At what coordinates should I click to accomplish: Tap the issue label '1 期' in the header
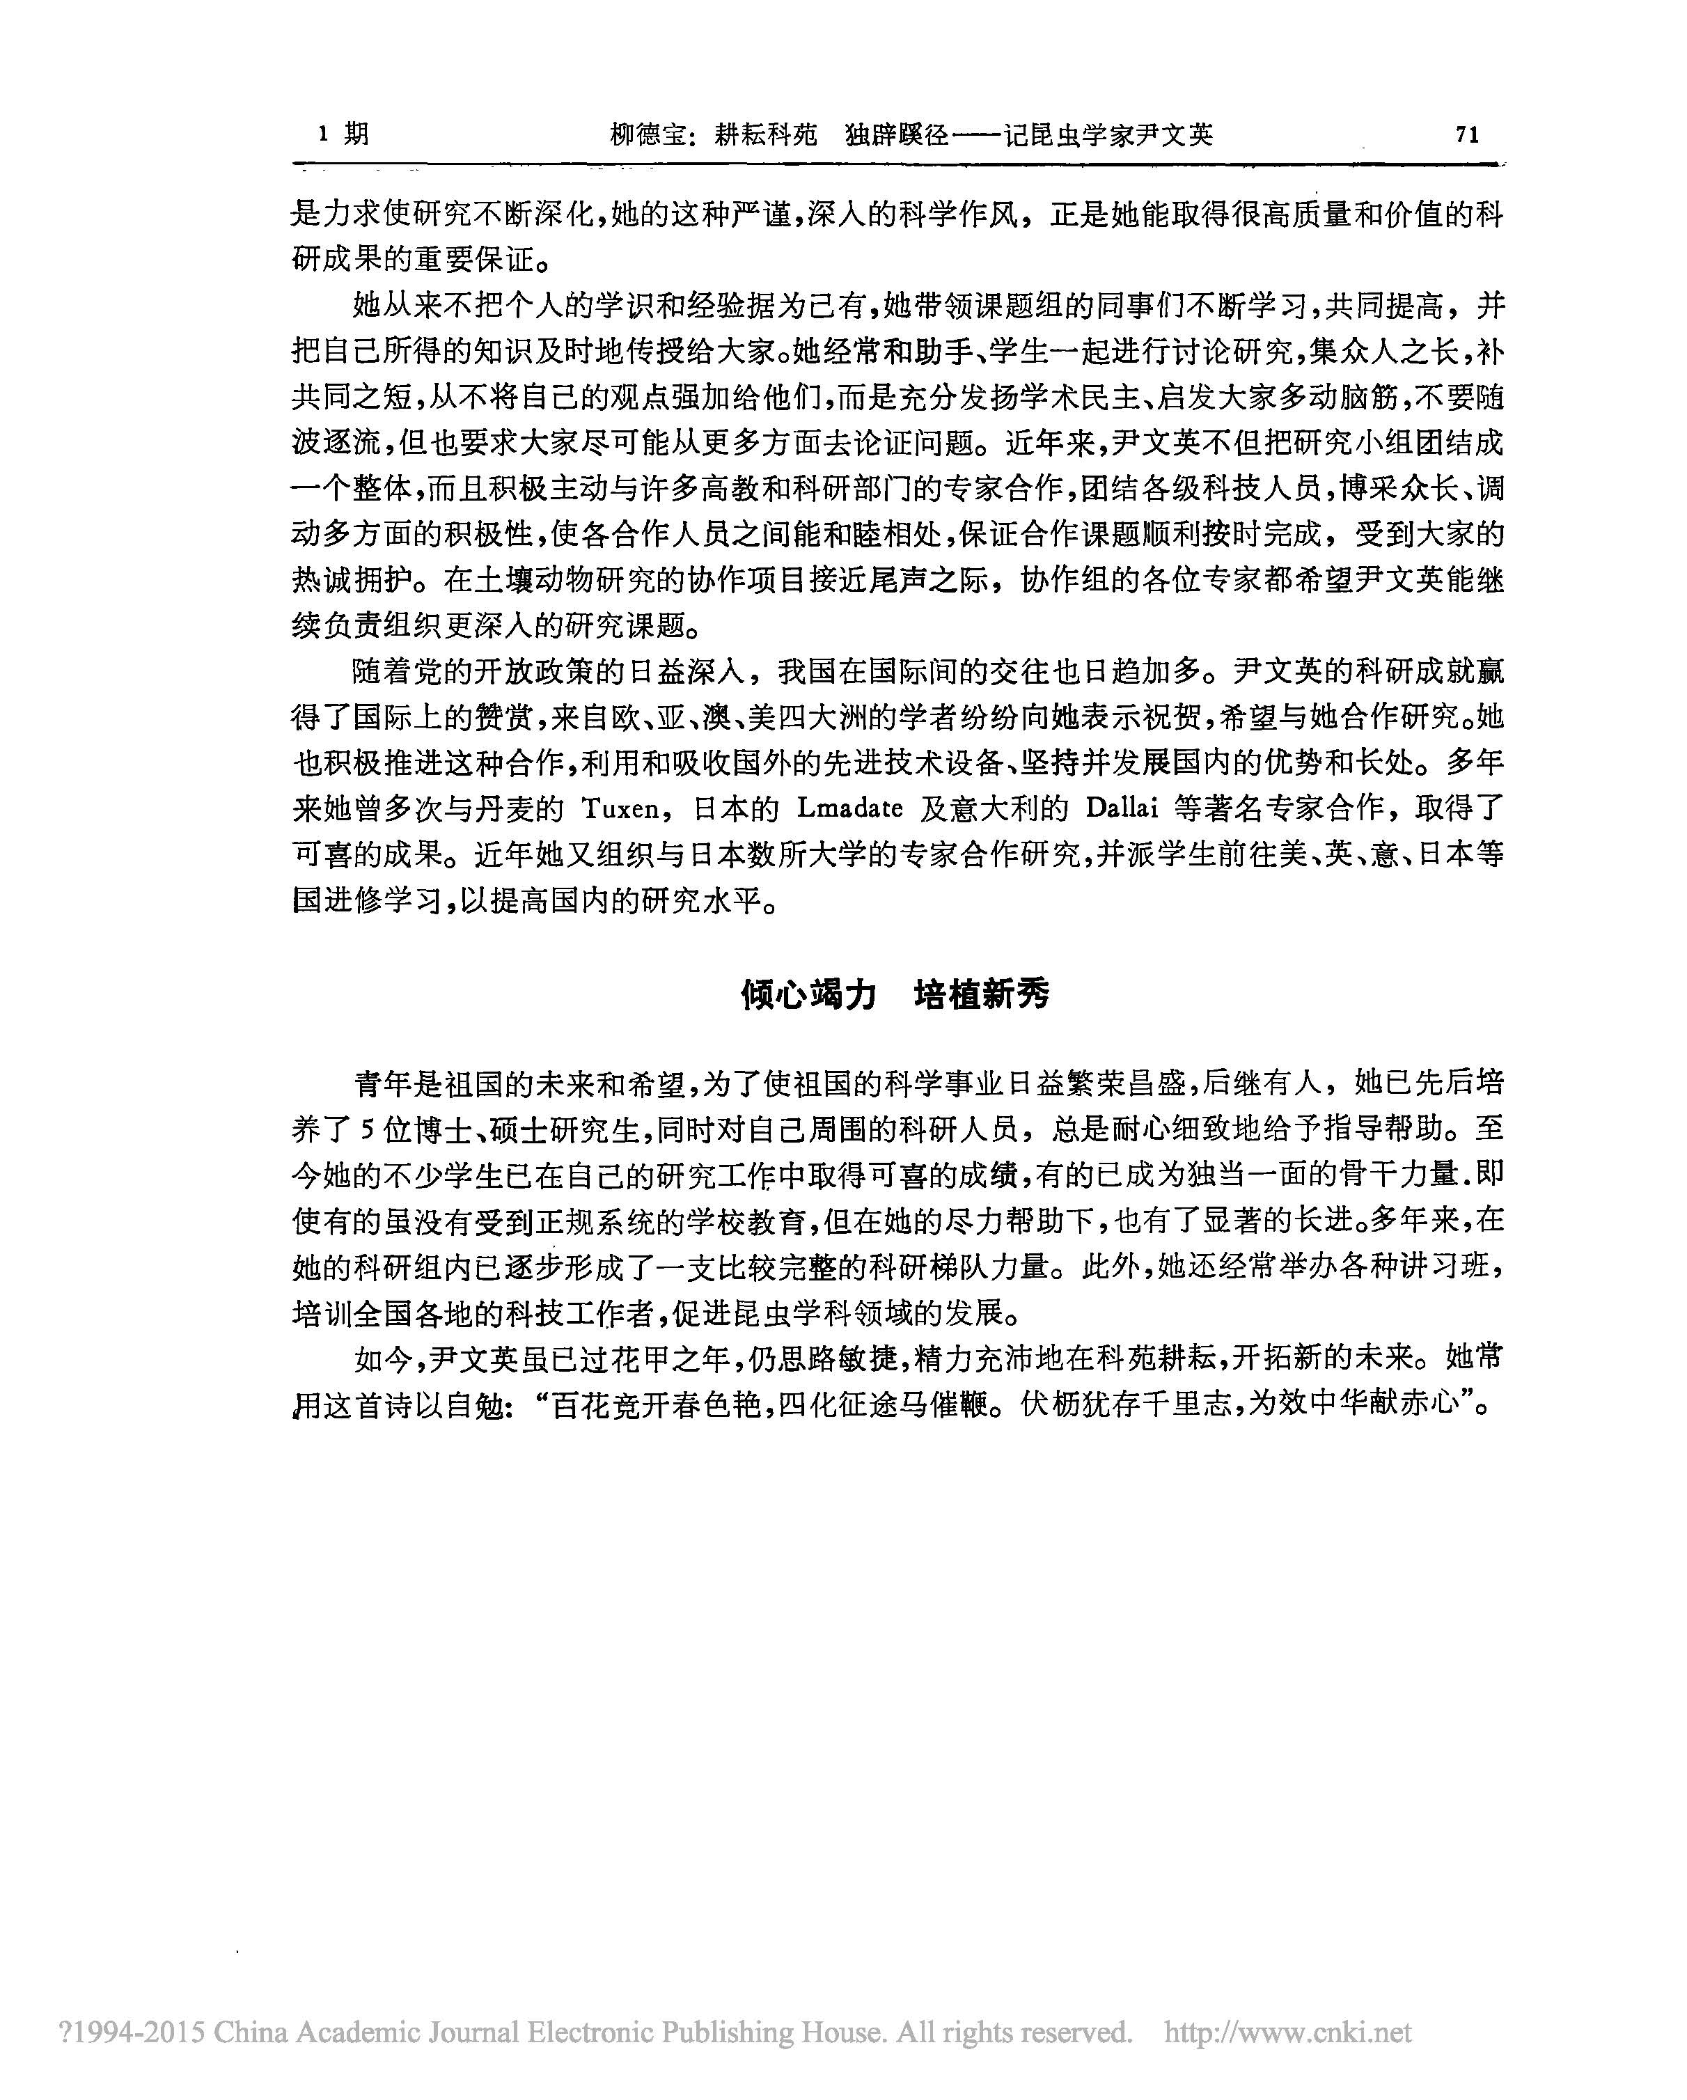pyautogui.click(x=343, y=134)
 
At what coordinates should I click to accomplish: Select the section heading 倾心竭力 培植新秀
pyautogui.click(x=895, y=994)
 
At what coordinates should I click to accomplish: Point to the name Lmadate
pyautogui.click(x=849, y=808)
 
